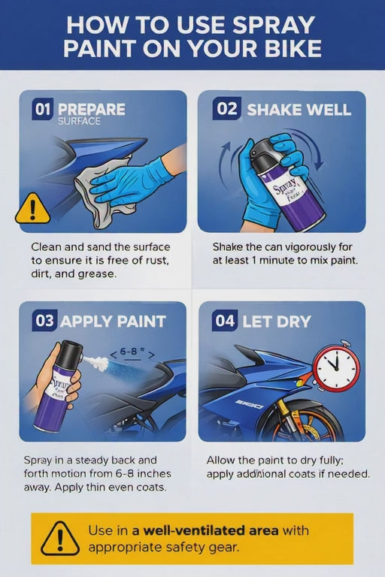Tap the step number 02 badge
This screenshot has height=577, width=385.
click(226, 109)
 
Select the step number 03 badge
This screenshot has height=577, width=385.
click(45, 321)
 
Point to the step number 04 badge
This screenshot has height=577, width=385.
click(225, 321)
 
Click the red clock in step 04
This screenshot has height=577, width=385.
click(335, 367)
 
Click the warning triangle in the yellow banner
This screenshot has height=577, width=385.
click(59, 538)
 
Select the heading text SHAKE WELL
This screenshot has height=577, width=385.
click(299, 110)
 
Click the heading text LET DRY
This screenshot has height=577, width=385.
click(276, 322)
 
